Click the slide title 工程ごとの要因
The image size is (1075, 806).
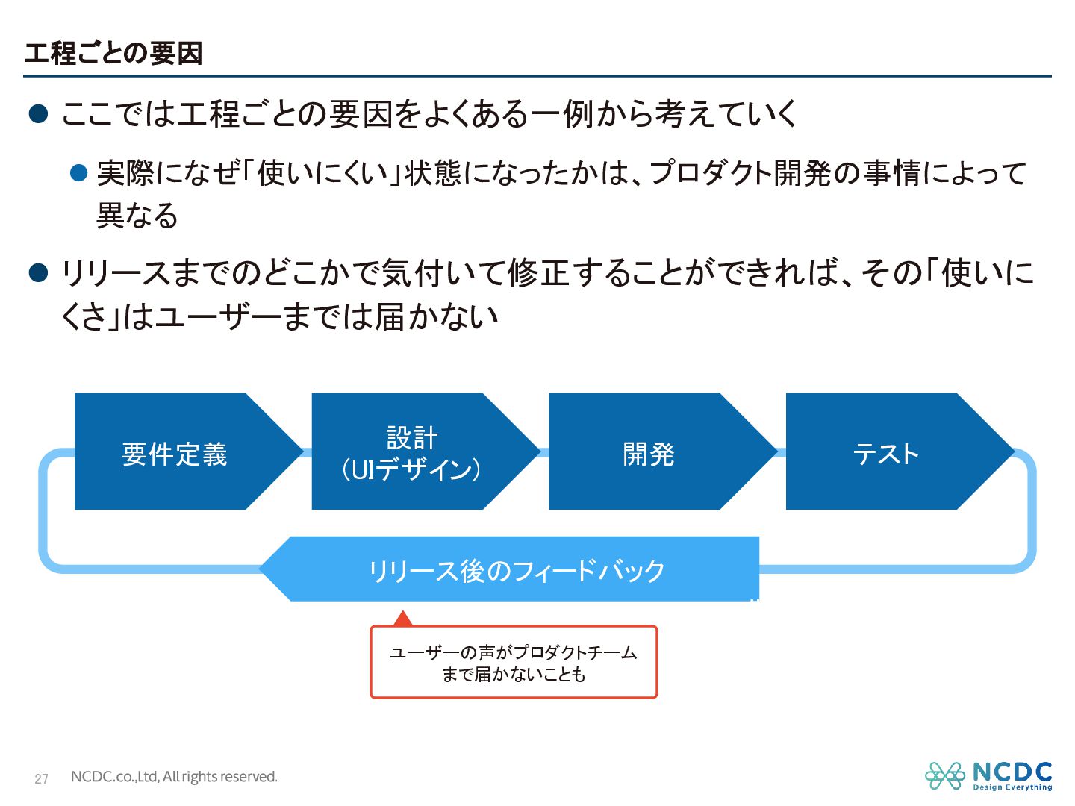(113, 54)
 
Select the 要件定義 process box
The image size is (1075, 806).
(175, 453)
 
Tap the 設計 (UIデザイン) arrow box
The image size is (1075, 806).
(411, 453)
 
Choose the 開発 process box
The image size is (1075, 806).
(649, 453)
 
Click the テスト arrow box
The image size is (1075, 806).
(886, 453)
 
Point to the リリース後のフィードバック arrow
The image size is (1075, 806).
(515, 570)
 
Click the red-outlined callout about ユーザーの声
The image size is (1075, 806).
(514, 663)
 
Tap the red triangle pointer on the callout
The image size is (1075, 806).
(403, 619)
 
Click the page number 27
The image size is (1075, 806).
(41, 778)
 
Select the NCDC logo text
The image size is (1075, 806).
(1012, 772)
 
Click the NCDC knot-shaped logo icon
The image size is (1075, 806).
(945, 775)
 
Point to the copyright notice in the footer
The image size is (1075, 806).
(174, 777)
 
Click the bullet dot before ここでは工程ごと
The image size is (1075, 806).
(38, 114)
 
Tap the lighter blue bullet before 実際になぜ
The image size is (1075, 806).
(79, 173)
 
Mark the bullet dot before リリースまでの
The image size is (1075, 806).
(38, 273)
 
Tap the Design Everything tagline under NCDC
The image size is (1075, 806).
(1012, 787)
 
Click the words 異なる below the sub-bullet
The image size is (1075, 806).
(137, 216)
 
